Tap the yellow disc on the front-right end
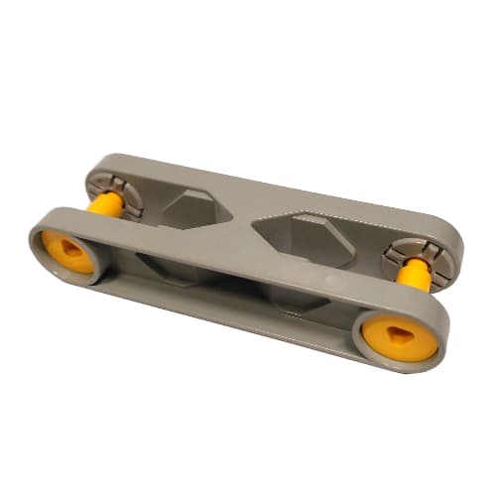point(398,336)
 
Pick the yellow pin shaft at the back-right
point(415,275)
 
